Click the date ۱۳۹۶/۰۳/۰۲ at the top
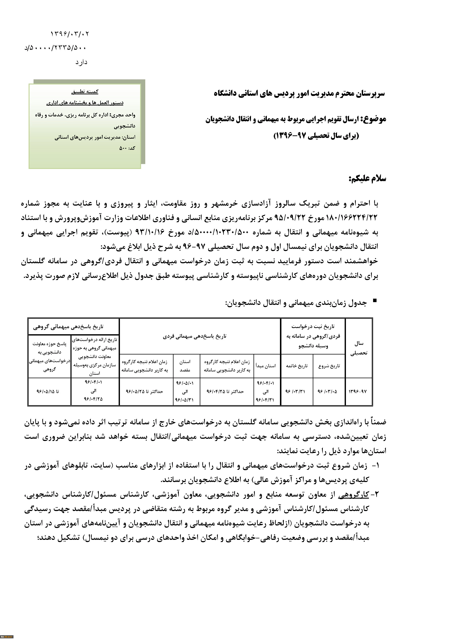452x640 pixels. (70, 34)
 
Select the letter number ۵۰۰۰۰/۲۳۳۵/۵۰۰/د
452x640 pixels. (56, 48)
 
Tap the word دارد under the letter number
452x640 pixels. (81, 62)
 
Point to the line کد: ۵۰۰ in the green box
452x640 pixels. (127, 148)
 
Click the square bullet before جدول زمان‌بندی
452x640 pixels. (375, 300)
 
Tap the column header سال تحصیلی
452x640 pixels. (359, 348)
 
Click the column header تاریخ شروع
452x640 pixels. (329, 366)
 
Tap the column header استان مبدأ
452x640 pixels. (266, 366)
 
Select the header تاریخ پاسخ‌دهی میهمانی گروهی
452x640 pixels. (68, 327)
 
